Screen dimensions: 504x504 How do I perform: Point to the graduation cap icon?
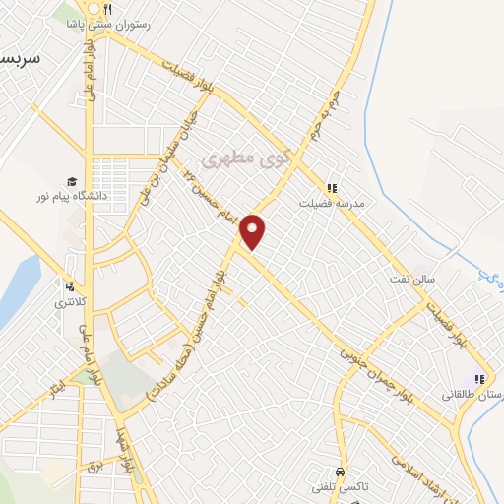coord(71,181)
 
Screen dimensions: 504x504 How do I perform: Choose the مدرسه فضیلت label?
coord(333,203)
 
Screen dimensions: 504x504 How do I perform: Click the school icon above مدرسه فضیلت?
coord(332,187)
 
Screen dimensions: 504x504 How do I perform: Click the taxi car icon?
coord(340,472)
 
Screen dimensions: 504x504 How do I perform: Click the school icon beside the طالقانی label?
coord(480,380)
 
